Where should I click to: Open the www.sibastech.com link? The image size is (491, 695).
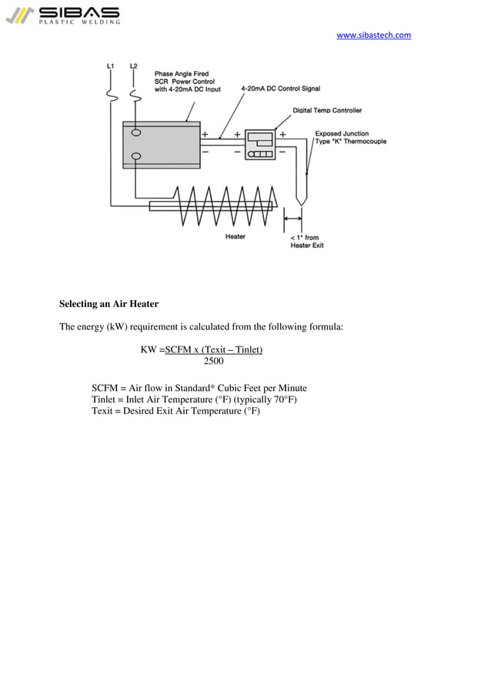[x=373, y=35]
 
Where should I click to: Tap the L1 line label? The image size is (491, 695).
[x=111, y=67]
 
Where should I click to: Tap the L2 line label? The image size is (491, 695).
[x=135, y=67]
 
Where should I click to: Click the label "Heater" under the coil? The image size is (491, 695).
[x=235, y=237]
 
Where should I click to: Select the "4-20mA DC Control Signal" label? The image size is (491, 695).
[x=280, y=89]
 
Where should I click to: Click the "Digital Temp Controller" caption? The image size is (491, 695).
[x=327, y=111]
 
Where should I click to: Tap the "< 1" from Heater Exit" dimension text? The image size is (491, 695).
[x=307, y=242]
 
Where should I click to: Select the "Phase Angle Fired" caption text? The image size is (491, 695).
[x=181, y=74]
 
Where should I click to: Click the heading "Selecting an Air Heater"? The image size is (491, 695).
[x=109, y=304]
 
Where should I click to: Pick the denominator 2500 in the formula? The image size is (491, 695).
[x=213, y=362]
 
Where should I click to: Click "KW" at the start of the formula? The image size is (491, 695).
[x=149, y=350]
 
